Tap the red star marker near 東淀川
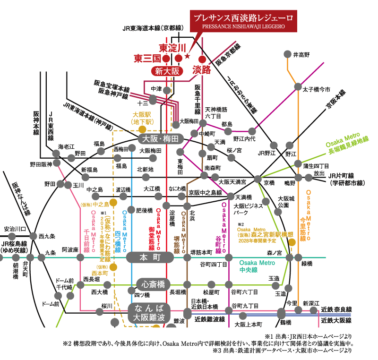pos(188,57)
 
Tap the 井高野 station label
pos(301,55)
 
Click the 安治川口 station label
pos(14,229)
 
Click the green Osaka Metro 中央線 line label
pos(257,266)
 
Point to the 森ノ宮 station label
pos(274,253)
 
